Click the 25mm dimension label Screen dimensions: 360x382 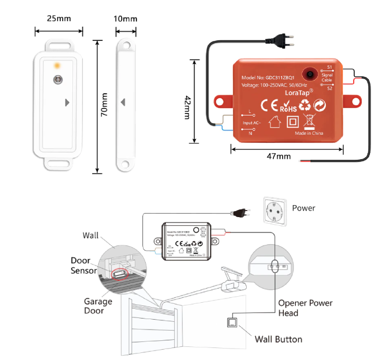(59, 18)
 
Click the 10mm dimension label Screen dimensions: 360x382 (126, 19)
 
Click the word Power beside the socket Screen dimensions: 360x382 (303, 208)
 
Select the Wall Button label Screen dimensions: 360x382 (278, 339)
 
